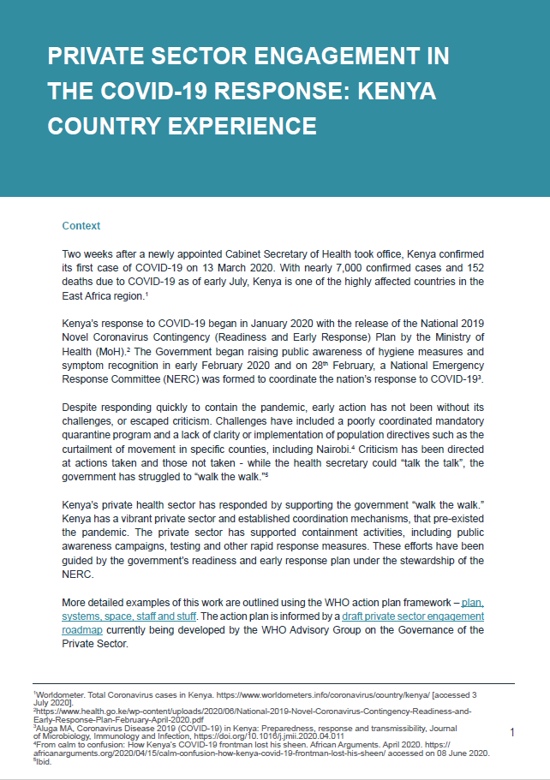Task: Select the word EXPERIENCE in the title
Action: click(x=231, y=126)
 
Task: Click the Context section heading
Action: click(x=81, y=226)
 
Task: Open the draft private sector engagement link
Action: click(x=412, y=616)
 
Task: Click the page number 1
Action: click(x=511, y=733)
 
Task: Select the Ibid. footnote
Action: click(x=43, y=760)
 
